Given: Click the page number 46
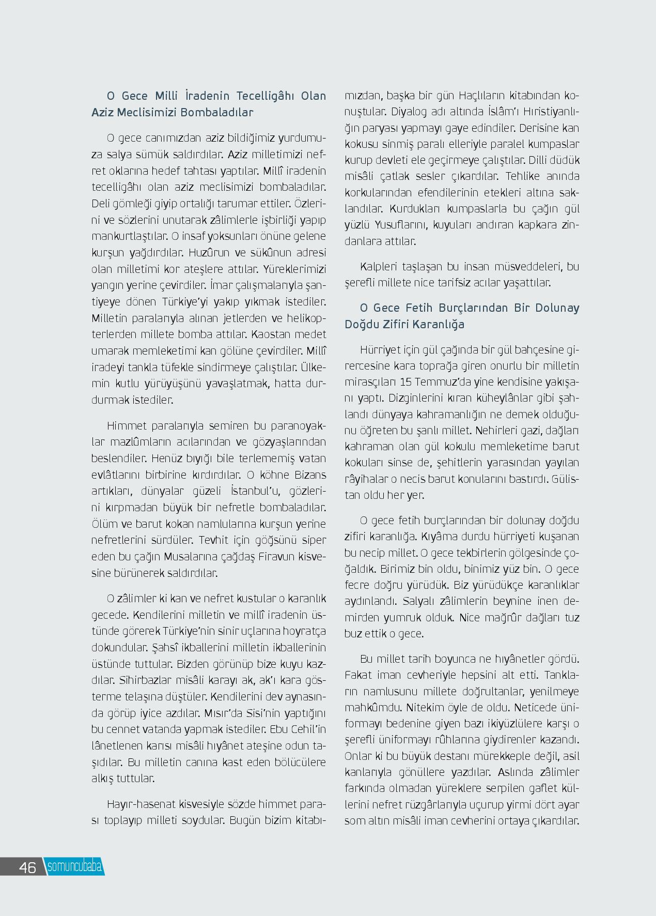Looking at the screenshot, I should tap(27, 867).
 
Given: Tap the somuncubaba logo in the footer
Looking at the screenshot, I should tap(74, 866).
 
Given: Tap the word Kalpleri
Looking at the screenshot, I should tap(379, 267).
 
